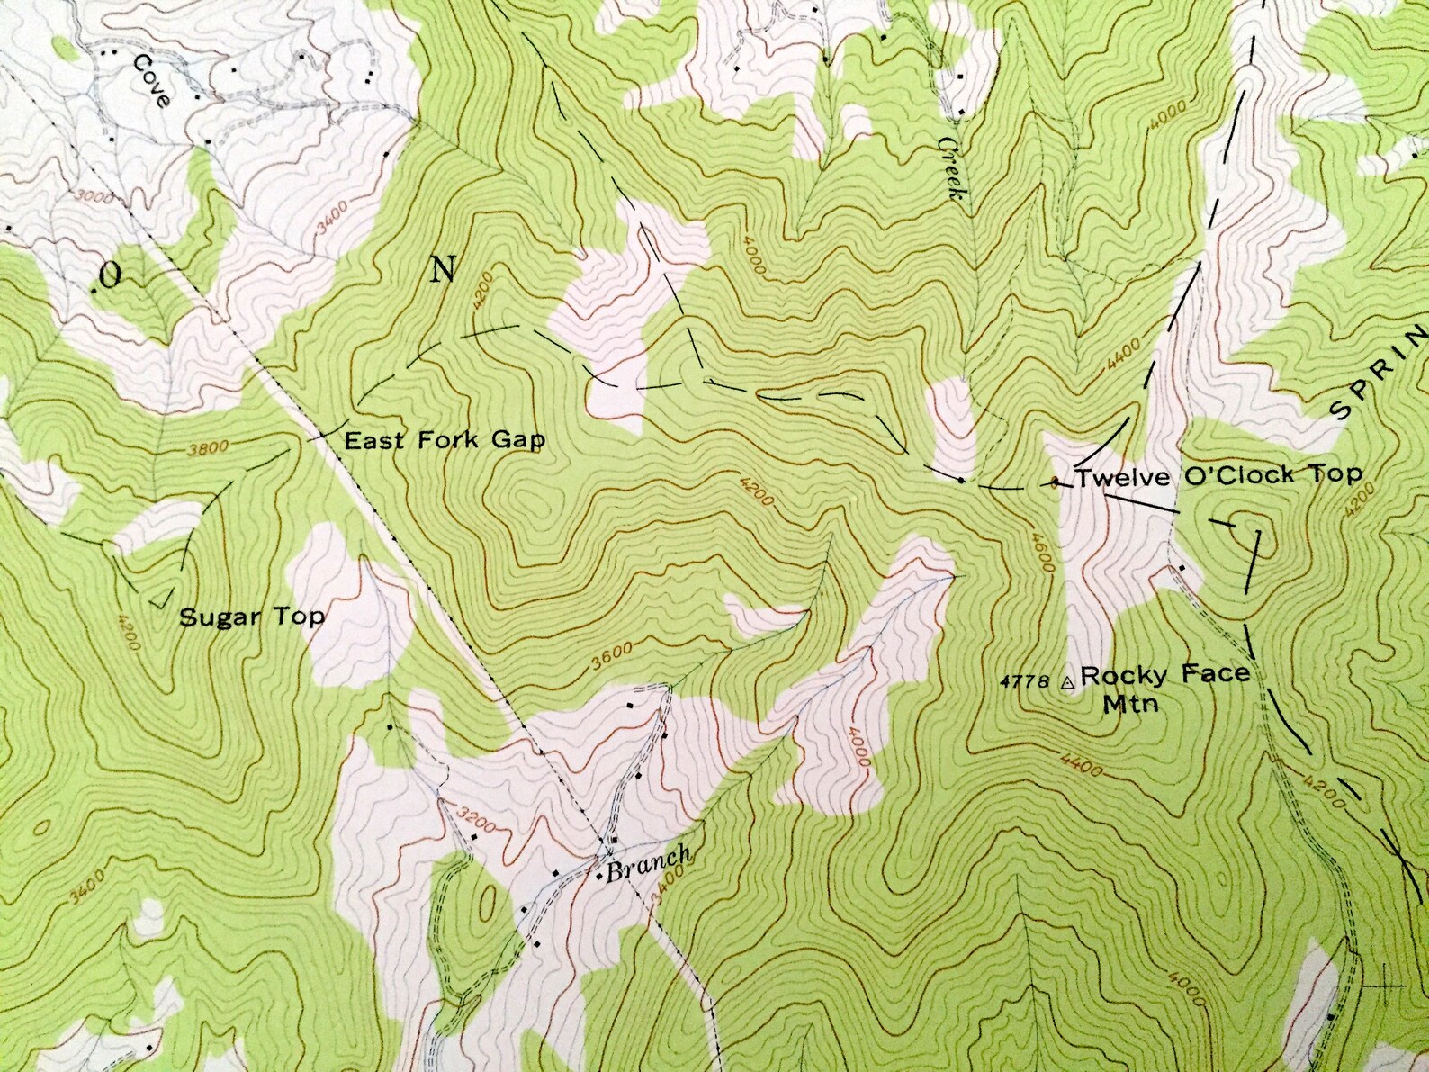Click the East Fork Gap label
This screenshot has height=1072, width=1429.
[x=445, y=440]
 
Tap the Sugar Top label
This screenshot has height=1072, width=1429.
[x=252, y=617]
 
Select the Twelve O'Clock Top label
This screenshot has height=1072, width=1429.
[x=1218, y=476]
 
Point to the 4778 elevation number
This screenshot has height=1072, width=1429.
[x=1024, y=682]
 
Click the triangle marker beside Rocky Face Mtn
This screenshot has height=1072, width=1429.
[x=1067, y=684]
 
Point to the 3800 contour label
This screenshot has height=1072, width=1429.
[x=209, y=447]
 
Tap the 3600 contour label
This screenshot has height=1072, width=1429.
[x=612, y=658]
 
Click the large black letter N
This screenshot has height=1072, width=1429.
[x=443, y=268]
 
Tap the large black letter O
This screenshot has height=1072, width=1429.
[x=110, y=277]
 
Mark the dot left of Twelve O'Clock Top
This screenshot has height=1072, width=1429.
[x=1055, y=482]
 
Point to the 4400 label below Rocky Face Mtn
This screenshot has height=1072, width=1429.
[x=1082, y=767]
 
